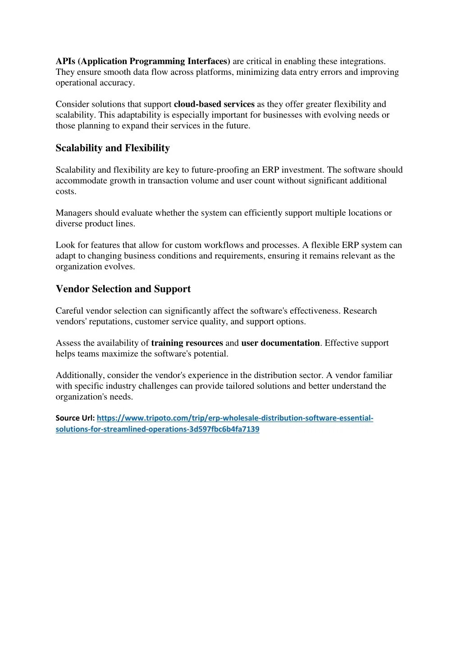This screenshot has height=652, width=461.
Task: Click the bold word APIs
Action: (65, 61)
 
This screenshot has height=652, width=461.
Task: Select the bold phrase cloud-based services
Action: (214, 105)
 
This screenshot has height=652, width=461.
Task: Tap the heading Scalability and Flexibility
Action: (113, 148)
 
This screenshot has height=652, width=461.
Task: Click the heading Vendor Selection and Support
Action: (123, 289)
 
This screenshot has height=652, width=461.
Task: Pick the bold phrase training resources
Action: (187, 343)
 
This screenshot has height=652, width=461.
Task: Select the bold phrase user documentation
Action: (280, 343)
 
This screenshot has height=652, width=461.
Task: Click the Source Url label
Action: (75, 418)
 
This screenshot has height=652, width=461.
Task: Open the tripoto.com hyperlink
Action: (234, 418)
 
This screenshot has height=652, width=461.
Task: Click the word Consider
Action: (73, 105)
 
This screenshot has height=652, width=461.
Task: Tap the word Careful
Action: (69, 311)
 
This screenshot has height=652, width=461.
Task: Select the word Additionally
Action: (79, 375)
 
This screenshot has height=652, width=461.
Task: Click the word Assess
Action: (68, 343)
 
